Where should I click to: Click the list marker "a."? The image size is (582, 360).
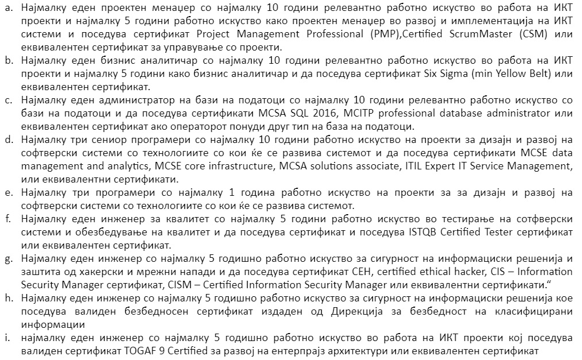tap(9, 10)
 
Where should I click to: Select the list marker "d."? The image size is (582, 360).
tap(9, 140)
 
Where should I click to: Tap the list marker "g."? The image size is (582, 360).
tap(9, 259)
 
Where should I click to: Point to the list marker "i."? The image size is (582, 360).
tap(7, 338)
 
